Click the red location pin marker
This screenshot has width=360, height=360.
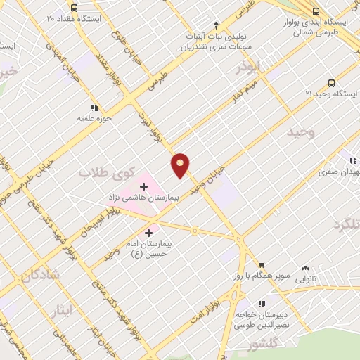point(181,165)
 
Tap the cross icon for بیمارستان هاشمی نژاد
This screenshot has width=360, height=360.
point(144,186)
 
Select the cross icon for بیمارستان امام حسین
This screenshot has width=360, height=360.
point(149,233)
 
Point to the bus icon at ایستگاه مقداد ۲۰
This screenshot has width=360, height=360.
point(75,8)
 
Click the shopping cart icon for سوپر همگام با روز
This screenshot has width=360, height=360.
point(262,264)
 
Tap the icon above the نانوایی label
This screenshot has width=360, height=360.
point(306,268)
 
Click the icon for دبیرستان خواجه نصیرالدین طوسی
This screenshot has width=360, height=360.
point(262,304)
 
